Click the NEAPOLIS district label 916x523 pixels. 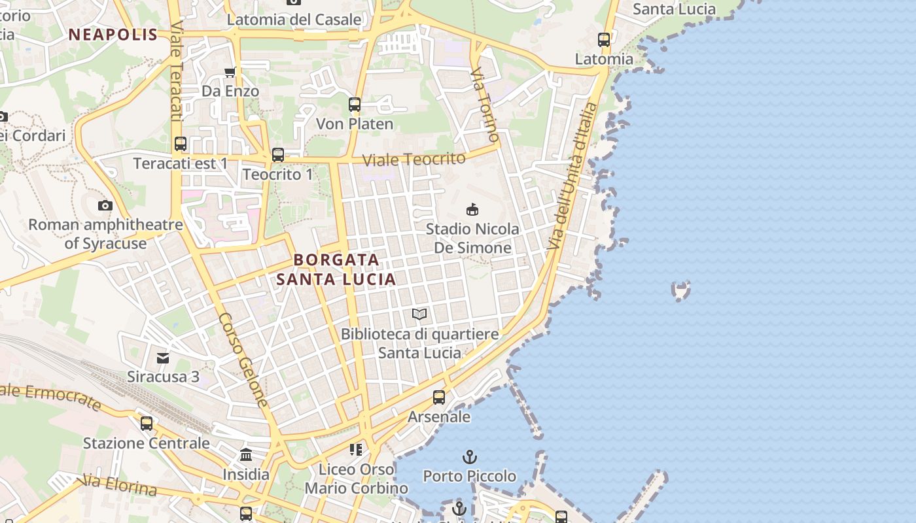113,35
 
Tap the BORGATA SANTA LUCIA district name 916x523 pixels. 336,269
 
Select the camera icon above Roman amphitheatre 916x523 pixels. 105,206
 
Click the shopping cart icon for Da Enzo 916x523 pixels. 230,73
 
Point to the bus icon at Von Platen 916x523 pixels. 355,105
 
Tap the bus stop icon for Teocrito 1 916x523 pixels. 278,155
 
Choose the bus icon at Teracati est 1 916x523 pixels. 181,144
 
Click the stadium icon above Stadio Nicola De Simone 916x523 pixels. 472,209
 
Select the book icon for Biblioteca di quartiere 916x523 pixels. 419,314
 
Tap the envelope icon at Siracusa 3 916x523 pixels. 163,358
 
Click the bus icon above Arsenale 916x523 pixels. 439,397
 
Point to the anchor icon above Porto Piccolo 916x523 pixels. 469,456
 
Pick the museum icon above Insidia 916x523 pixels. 246,454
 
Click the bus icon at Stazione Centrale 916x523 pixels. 147,423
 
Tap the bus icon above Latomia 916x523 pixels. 604,39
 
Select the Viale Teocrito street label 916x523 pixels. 414,159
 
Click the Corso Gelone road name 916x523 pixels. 243,359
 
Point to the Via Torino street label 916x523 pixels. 485,104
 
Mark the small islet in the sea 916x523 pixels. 681,290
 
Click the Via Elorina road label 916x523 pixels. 120,486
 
